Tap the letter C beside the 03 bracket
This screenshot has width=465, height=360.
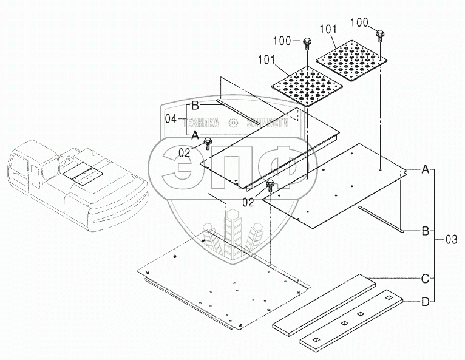tap(426, 279)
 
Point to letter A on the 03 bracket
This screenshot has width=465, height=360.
tap(426, 170)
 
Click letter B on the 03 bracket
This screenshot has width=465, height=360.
tap(426, 231)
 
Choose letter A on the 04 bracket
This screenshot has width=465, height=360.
tap(195, 134)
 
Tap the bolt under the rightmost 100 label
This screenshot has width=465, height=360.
tap(380, 33)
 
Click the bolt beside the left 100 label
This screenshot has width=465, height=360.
tap(308, 42)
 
